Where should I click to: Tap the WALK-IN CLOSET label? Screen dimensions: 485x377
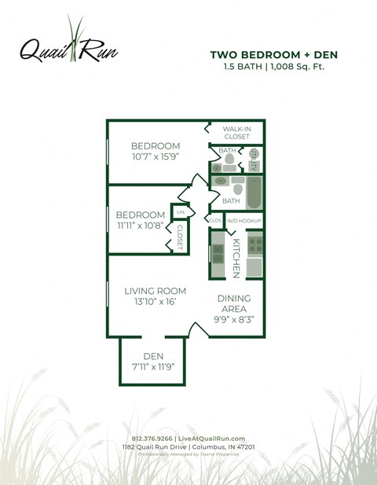click(x=236, y=132)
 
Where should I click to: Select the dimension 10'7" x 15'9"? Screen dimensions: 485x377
click(x=155, y=157)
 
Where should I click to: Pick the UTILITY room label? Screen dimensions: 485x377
click(x=254, y=159)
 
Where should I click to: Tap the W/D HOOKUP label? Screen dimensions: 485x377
click(x=243, y=222)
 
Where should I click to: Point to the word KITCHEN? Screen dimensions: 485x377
click(x=236, y=258)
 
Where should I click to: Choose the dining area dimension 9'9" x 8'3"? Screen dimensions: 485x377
click(x=234, y=320)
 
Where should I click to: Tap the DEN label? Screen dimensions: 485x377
click(x=153, y=356)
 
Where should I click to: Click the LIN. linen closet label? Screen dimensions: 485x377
click(x=180, y=212)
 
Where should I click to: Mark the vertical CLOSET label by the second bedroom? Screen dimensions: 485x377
click(x=180, y=237)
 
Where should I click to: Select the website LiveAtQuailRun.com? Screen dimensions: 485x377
click(x=210, y=438)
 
